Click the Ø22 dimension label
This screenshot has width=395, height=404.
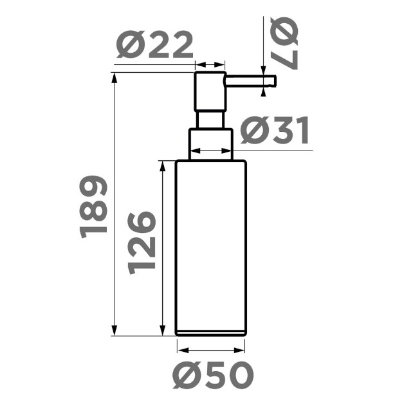[x=154, y=45]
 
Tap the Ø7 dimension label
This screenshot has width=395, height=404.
[x=285, y=43]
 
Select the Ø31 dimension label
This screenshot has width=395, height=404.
[x=275, y=130]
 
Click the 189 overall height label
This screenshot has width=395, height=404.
[x=93, y=207]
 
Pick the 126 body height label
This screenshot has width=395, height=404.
[x=142, y=243]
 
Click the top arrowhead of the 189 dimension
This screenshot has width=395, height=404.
[x=114, y=78]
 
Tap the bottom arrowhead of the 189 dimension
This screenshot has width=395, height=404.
[x=114, y=331]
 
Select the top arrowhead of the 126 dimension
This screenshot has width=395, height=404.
[x=162, y=166]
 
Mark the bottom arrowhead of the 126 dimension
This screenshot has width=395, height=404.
[x=162, y=331]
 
